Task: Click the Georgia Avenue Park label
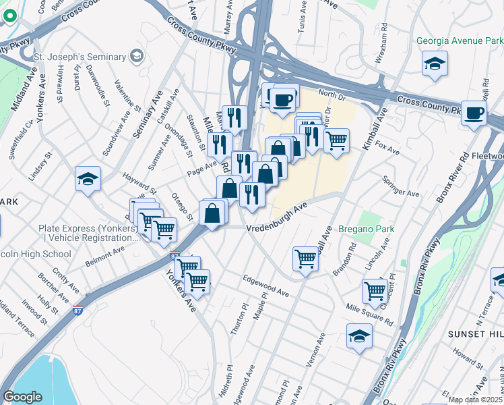pyautogui.click(x=460, y=41)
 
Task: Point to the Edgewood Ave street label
pyautogui.click(x=265, y=286)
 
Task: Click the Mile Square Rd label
pyautogui.click(x=370, y=314)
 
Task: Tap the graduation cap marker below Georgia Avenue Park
pyautogui.click(x=435, y=65)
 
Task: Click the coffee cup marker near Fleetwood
pyautogui.click(x=474, y=113)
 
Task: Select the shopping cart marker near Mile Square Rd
pyautogui.click(x=374, y=290)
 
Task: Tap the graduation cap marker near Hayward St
pyautogui.click(x=88, y=178)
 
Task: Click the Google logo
pyautogui.click(x=22, y=396)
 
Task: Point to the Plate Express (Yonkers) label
pyautogui.click(x=86, y=233)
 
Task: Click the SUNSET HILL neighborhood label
pyautogui.click(x=476, y=334)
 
